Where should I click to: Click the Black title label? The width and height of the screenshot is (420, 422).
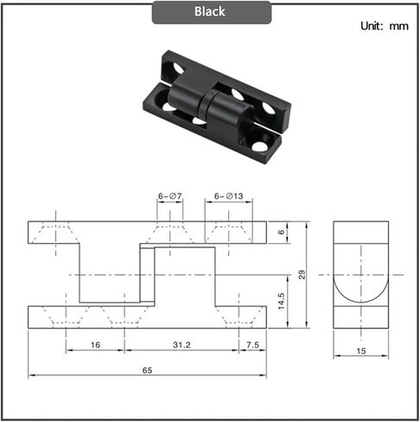[210, 12]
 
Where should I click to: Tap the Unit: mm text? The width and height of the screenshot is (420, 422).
[384, 26]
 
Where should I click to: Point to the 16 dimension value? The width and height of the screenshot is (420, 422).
[94, 343]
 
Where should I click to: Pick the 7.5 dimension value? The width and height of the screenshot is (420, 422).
[251, 343]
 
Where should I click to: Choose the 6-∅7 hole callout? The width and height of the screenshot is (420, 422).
[170, 197]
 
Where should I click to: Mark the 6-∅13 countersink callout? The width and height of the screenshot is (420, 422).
[229, 197]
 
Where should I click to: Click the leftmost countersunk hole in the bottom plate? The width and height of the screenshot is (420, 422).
[66, 317]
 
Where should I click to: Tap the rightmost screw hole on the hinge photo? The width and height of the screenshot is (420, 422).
[268, 110]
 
